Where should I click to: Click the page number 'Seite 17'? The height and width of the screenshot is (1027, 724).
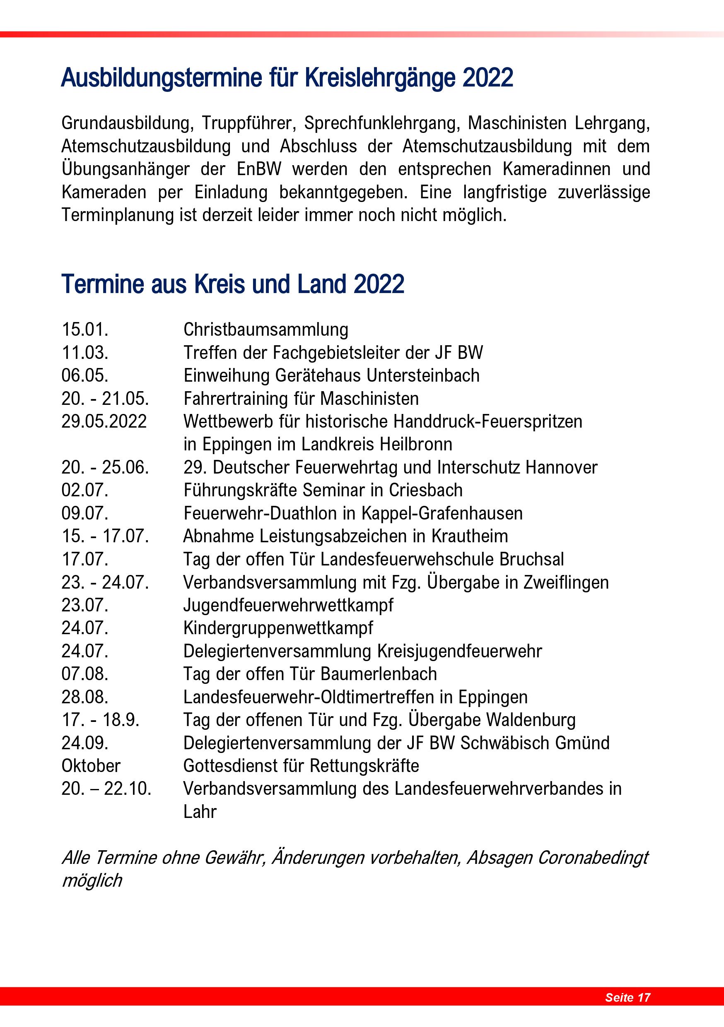pyautogui.click(x=627, y=997)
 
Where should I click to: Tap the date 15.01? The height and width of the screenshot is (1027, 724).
pyautogui.click(x=85, y=330)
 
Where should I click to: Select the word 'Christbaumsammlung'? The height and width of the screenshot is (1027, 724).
pyautogui.click(x=266, y=330)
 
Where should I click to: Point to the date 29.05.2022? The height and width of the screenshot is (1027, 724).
pyautogui.click(x=104, y=421)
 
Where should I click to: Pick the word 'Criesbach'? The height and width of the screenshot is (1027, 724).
pyautogui.click(x=425, y=490)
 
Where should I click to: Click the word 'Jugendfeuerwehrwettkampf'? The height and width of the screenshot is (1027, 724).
pyautogui.click(x=288, y=605)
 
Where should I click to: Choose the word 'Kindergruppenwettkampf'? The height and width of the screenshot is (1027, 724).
pyautogui.click(x=278, y=628)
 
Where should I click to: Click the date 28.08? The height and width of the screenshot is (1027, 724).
pyautogui.click(x=85, y=697)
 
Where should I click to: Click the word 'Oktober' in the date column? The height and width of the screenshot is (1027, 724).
pyautogui.click(x=91, y=766)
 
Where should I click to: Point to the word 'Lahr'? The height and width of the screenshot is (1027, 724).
pyautogui.click(x=200, y=812)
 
